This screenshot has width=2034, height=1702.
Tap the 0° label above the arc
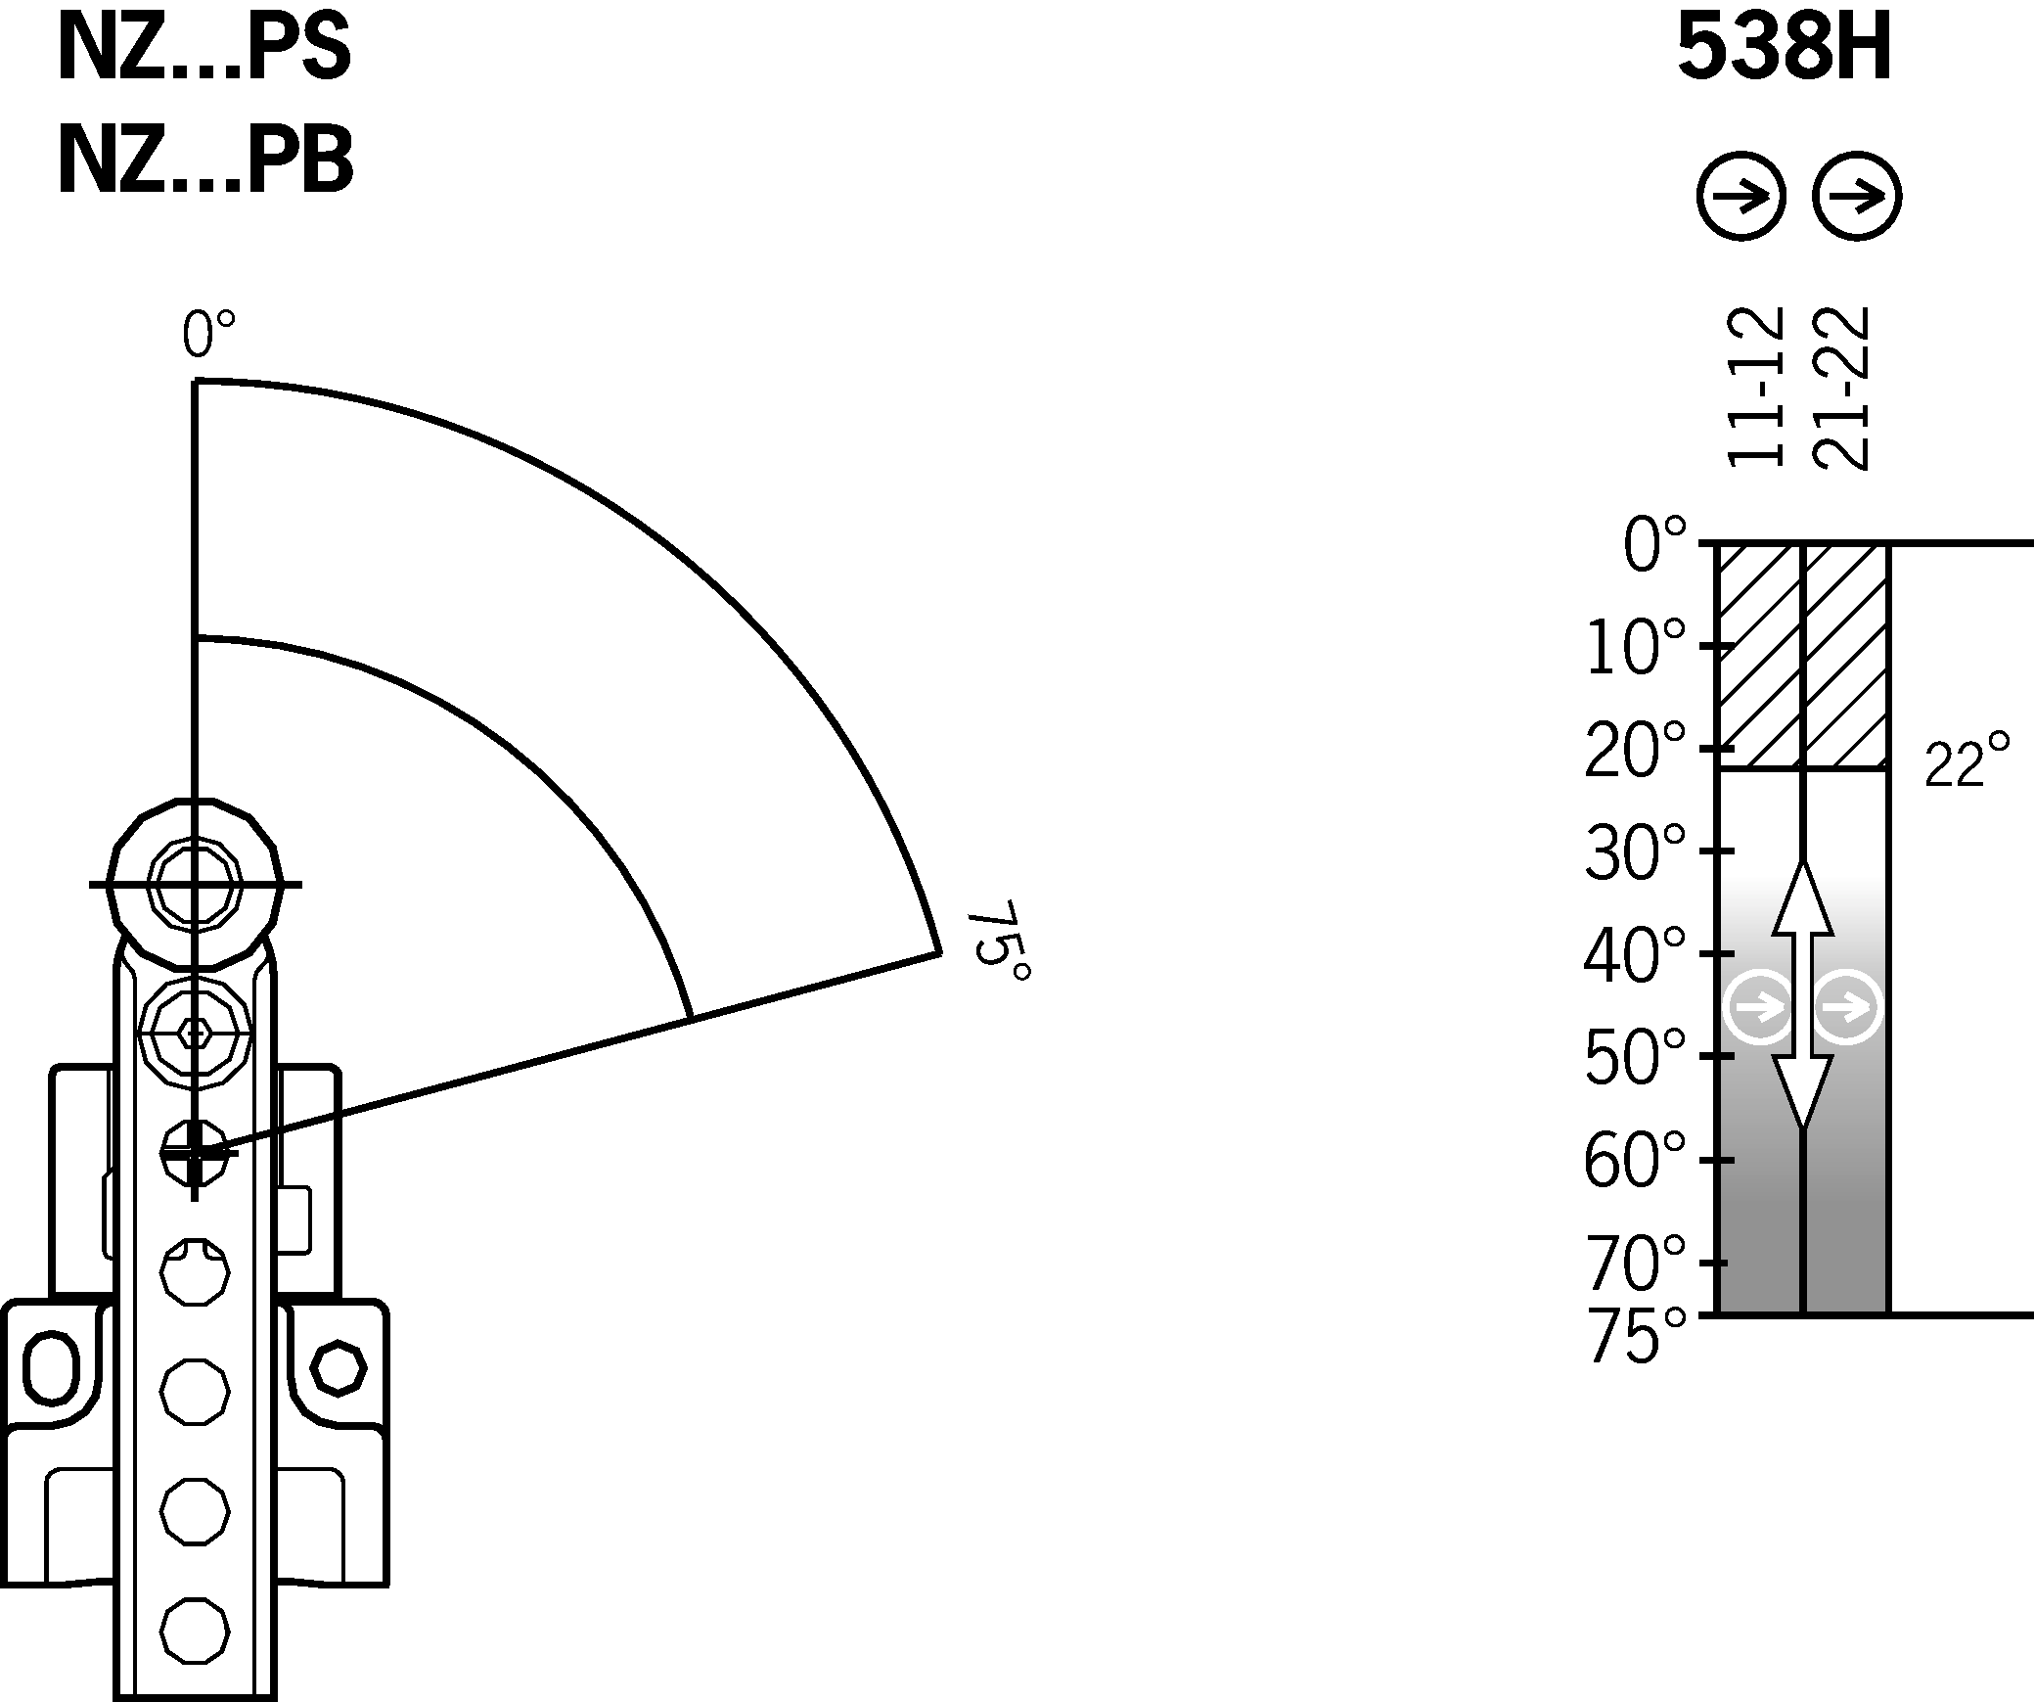208,336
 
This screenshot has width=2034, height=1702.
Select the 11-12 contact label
1756,400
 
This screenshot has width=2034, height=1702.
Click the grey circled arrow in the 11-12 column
1761,1006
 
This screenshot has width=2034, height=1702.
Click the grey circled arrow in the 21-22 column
1846,1006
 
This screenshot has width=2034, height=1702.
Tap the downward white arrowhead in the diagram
1803,1091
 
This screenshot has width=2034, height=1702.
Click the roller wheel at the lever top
195,884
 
